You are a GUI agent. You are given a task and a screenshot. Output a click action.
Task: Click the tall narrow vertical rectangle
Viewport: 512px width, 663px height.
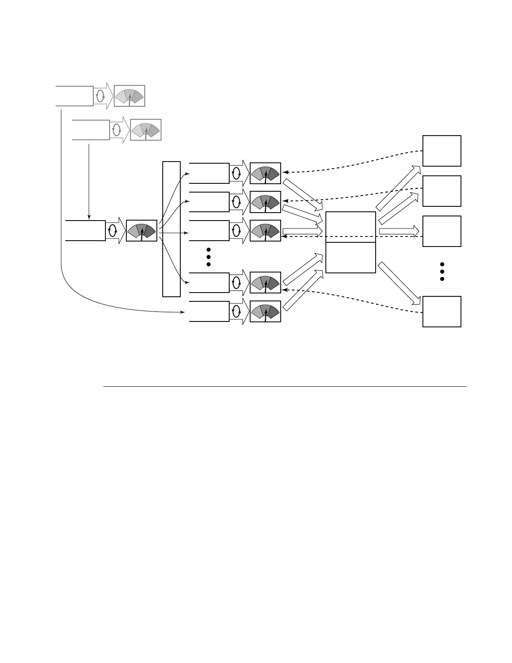pyautogui.click(x=172, y=229)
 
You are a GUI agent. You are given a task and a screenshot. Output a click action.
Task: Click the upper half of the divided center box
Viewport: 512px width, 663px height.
pyautogui.click(x=351, y=227)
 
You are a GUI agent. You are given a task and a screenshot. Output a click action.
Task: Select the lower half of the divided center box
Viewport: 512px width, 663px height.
pyautogui.click(x=351, y=257)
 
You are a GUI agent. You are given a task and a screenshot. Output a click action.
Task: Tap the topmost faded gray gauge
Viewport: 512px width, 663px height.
pyautogui.click(x=130, y=96)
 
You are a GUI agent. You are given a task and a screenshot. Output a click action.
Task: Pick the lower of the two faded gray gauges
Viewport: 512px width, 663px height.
pyautogui.click(x=146, y=130)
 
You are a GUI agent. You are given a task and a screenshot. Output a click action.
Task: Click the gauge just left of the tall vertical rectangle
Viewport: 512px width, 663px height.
pyautogui.click(x=141, y=231)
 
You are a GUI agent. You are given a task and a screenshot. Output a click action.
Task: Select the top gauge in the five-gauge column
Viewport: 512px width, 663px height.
pyautogui.click(x=265, y=173)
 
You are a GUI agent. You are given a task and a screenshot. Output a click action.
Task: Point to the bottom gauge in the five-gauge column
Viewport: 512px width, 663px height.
pyautogui.click(x=265, y=311)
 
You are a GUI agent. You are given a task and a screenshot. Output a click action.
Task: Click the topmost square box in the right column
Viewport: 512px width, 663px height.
pyautogui.click(x=442, y=151)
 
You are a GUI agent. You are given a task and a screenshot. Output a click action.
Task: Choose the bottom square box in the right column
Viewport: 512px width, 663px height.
pyautogui.click(x=442, y=311)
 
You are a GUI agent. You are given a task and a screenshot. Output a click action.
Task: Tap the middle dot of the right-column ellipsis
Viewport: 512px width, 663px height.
pyautogui.click(x=442, y=272)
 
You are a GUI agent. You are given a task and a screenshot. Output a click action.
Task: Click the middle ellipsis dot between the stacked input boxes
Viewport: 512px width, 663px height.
pyautogui.click(x=208, y=257)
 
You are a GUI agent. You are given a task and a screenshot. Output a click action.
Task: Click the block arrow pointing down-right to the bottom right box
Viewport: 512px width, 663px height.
pyautogui.click(x=399, y=283)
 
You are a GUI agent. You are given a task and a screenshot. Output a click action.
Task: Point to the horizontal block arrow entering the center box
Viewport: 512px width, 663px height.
pyautogui.click(x=302, y=231)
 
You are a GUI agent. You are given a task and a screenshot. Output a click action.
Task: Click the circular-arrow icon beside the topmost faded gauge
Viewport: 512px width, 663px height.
pyautogui.click(x=100, y=96)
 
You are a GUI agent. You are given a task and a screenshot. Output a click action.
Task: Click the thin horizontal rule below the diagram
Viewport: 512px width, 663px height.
pyautogui.click(x=284, y=386)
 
